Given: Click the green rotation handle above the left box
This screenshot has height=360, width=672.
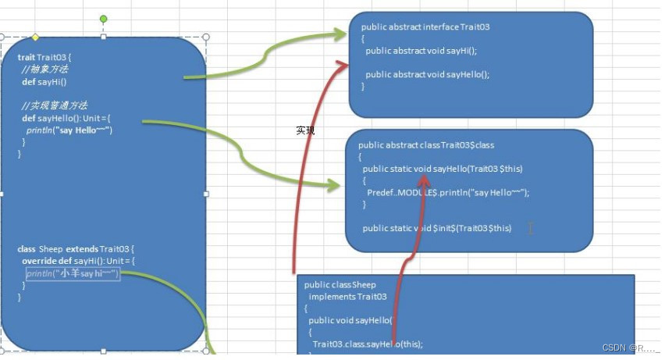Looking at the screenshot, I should point(104,19).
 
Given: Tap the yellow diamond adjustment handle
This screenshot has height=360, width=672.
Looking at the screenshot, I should point(35,37).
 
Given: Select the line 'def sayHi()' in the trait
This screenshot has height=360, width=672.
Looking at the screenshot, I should point(44,81).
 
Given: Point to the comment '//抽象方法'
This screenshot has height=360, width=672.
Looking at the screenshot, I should point(44,70).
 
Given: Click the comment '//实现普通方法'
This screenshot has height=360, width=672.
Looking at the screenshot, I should point(55,105).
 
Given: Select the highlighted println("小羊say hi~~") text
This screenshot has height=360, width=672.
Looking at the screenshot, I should point(73,273).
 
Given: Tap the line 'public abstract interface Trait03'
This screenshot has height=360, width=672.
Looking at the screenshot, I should point(425,27).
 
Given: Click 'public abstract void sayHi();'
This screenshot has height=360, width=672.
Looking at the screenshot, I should point(421,51).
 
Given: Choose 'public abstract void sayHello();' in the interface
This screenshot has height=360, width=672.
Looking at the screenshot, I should point(428,75).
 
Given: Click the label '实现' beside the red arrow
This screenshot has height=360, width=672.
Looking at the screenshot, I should point(305,130).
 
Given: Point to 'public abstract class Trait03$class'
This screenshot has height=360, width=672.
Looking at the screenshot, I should point(426,145).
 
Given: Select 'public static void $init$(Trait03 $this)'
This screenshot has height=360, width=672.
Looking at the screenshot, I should point(437,228).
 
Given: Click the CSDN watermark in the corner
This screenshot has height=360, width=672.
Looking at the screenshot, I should point(631,347).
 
